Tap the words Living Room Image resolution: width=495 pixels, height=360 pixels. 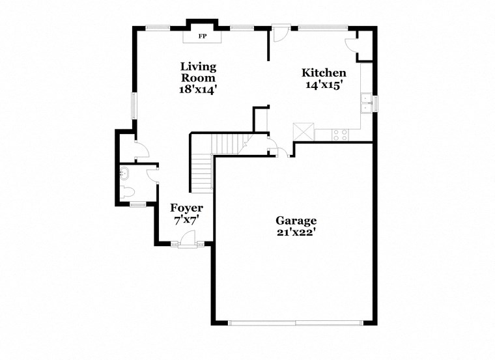coord(199,72)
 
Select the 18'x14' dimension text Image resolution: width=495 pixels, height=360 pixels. coord(199,90)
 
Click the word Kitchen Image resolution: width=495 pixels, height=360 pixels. coord(324,73)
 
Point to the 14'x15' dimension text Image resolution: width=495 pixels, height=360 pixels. coord(324,85)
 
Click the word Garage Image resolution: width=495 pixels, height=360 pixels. coord(296,221)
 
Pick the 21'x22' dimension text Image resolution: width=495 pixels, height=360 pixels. coord(296,232)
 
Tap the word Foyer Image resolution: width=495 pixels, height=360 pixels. coord(187,208)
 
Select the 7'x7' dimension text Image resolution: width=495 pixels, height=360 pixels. coord(187,220)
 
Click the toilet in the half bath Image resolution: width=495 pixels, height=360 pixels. coord(127,192)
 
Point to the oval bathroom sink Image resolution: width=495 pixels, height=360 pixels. coord(124,173)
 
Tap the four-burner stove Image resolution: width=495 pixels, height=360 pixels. coord(340,134)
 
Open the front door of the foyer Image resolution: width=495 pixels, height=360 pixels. coord(188,240)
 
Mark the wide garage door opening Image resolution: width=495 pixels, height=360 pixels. coord(296,322)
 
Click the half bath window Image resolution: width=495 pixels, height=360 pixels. coord(137,205)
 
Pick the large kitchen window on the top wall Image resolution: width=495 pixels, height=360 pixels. coord(324,27)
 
